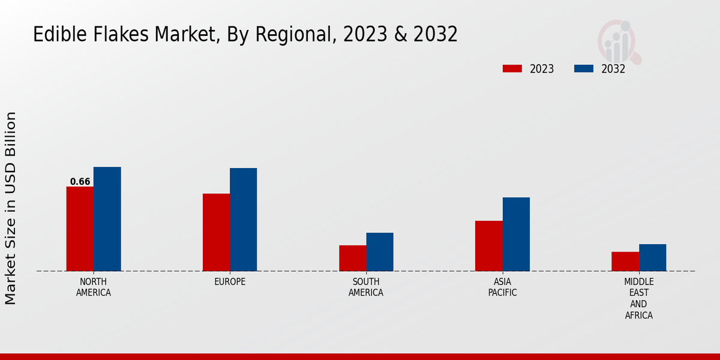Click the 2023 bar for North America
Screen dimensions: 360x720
80,229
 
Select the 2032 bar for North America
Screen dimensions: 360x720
107,219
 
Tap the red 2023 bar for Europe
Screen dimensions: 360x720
216,232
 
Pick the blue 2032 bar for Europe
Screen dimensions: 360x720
244,220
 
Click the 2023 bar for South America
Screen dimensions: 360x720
352,258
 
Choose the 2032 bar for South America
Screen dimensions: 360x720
380,252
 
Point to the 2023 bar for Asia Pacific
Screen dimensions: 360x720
489,246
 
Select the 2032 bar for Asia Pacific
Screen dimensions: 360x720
516,234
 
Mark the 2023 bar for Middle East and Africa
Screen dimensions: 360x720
625,261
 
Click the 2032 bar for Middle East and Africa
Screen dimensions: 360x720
653,257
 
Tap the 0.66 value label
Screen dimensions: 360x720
80,182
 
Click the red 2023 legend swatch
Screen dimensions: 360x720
512,69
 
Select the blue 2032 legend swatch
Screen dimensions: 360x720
584,69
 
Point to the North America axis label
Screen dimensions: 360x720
94,287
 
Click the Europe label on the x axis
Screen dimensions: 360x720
230,282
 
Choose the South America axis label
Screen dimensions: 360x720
366,287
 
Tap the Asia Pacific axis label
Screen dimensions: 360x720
502,287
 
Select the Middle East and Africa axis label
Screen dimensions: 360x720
639,298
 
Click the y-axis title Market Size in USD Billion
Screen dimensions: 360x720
11,208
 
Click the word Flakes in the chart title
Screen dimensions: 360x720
123,35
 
